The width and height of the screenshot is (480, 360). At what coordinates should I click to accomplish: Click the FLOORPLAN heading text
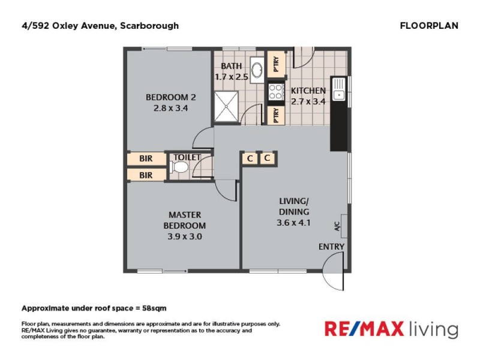click(428, 26)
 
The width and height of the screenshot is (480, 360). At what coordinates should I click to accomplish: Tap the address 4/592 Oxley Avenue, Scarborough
click(100, 26)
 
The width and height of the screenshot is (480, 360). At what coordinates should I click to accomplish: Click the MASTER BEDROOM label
click(185, 220)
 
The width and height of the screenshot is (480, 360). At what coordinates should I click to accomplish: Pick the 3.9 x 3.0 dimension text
click(185, 236)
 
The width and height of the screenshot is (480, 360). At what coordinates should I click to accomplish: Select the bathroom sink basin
click(256, 70)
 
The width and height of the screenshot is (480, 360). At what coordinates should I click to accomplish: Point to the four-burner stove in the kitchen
click(276, 91)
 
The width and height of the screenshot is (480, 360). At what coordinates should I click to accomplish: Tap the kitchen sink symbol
click(339, 88)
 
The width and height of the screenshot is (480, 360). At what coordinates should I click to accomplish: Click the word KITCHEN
click(308, 91)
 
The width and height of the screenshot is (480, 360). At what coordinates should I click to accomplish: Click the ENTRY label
click(332, 247)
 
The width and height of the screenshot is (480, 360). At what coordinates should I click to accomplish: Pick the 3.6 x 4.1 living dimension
click(294, 222)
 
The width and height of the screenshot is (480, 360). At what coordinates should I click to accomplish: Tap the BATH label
click(231, 66)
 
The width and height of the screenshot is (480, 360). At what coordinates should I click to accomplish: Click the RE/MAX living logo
click(391, 329)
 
